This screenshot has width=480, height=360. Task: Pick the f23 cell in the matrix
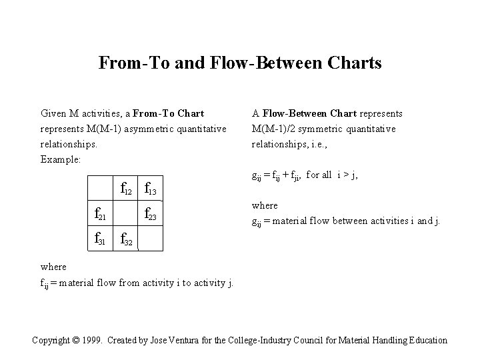(150, 215)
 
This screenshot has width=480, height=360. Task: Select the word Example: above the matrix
(61, 159)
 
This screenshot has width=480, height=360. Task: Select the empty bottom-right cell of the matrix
(150, 239)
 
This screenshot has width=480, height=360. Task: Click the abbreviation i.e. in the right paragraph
(317, 143)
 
